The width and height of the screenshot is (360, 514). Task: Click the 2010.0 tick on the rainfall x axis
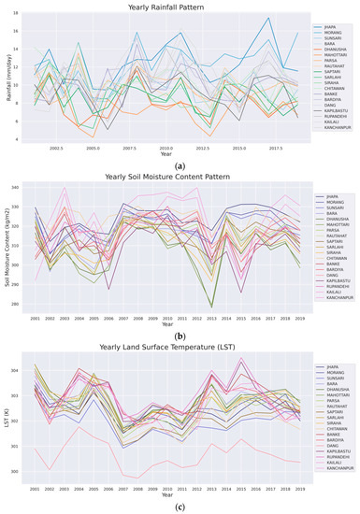[166, 148]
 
